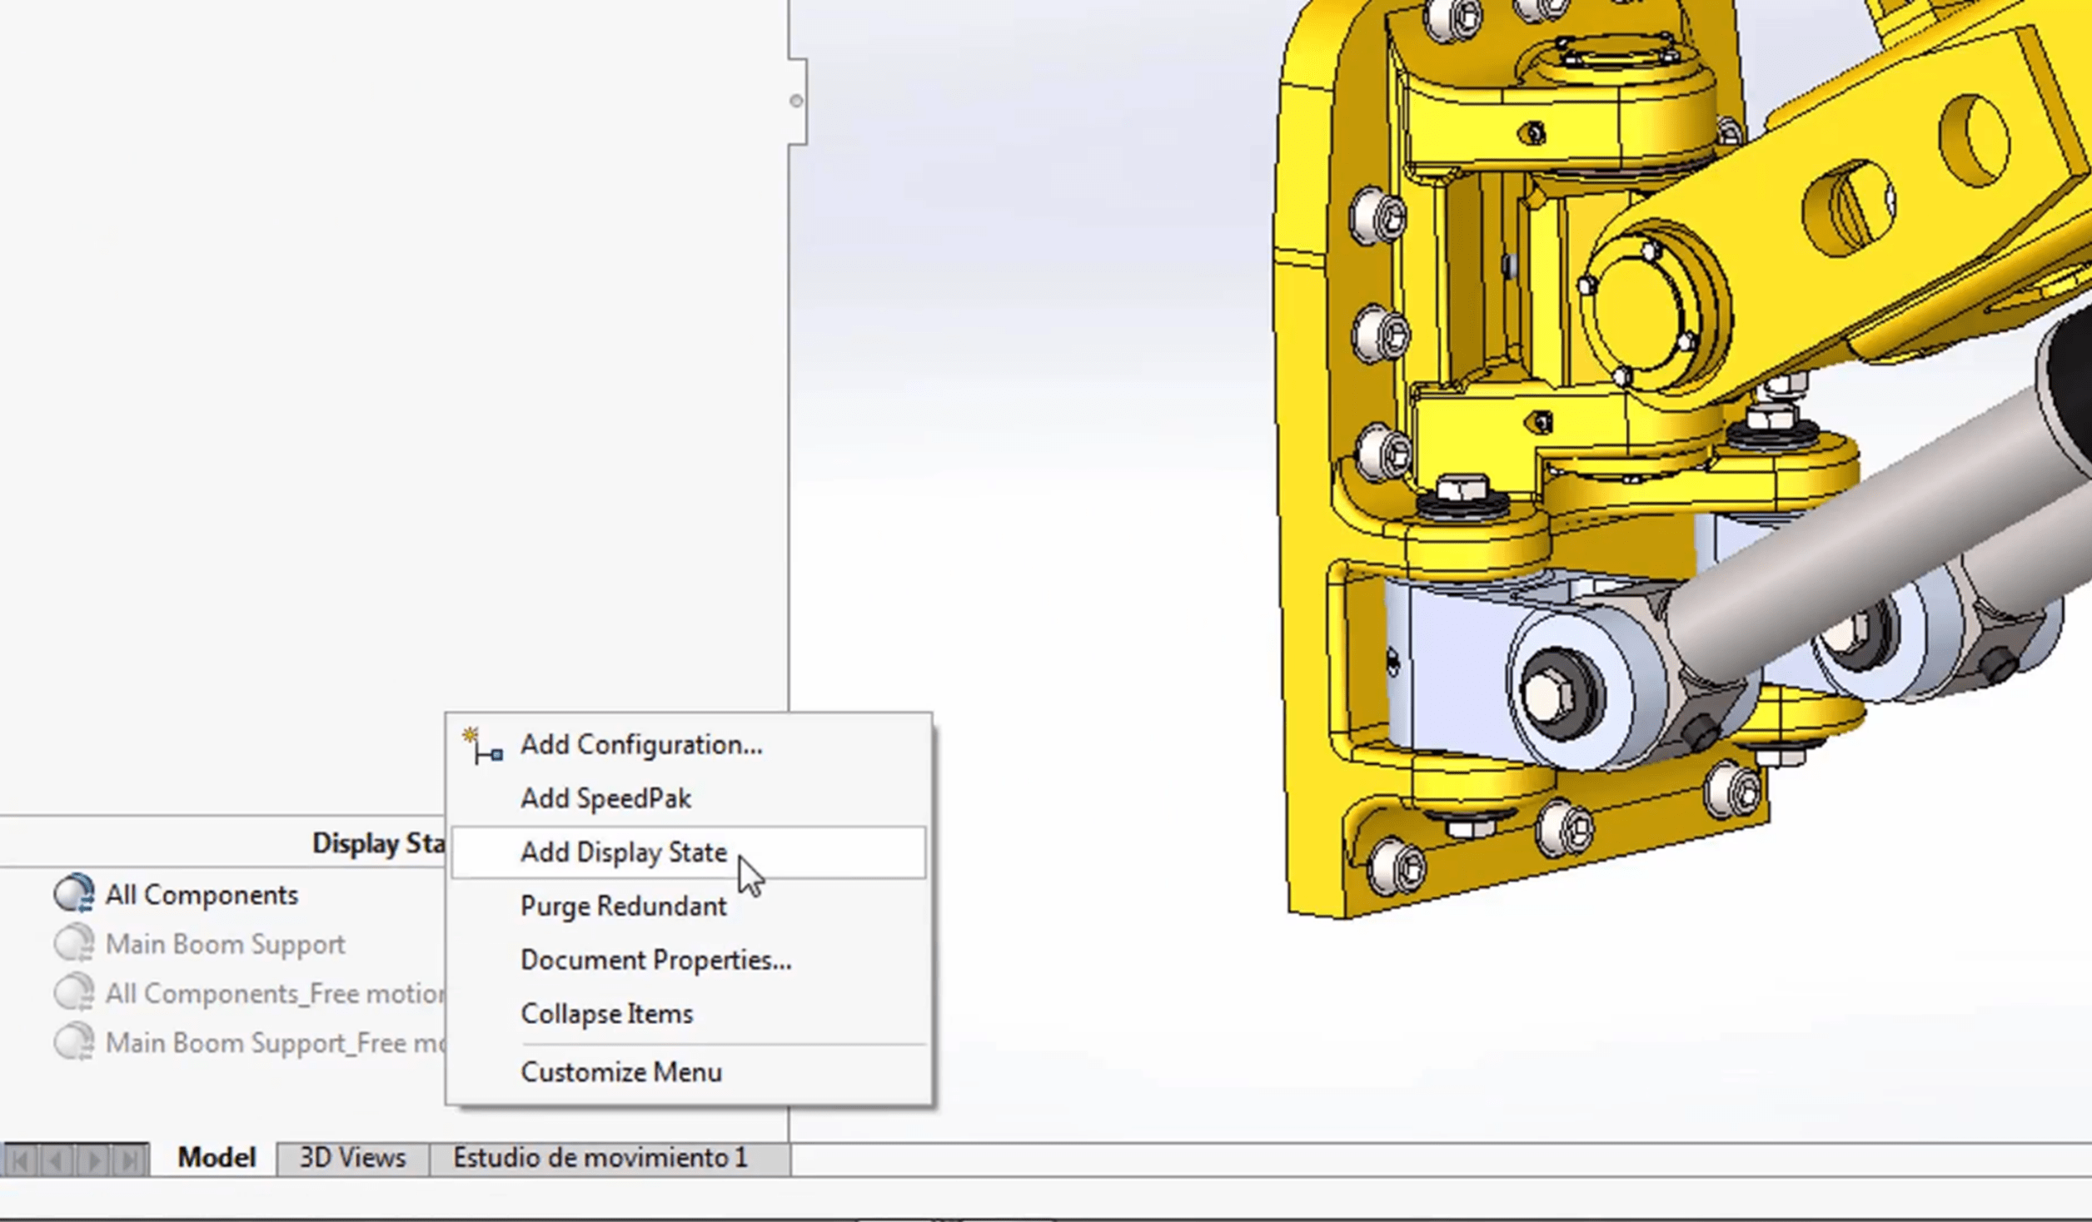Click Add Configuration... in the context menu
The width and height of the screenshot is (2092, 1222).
pos(640,745)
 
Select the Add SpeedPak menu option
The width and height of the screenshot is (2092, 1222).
pos(605,799)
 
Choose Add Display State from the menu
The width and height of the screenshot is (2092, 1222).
pos(623,852)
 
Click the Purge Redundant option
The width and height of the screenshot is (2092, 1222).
pos(623,907)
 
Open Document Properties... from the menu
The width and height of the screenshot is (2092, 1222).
pos(655,961)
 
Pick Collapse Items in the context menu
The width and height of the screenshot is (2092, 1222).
pos(606,1015)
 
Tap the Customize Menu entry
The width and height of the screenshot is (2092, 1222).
pos(620,1073)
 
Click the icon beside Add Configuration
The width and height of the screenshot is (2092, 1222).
pos(483,746)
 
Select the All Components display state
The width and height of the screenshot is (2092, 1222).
pos(201,896)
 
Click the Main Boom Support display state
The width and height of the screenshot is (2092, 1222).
pos(224,945)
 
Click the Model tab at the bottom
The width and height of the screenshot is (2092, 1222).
pos(216,1158)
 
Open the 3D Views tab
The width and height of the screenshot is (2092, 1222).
pos(352,1158)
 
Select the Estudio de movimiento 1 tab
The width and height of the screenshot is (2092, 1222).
pos(600,1158)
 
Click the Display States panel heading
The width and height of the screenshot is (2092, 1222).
pos(377,843)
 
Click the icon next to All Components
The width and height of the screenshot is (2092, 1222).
pos(74,894)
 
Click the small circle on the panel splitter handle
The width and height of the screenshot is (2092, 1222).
pos(796,101)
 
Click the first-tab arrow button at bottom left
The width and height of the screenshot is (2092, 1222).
pos(21,1160)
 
